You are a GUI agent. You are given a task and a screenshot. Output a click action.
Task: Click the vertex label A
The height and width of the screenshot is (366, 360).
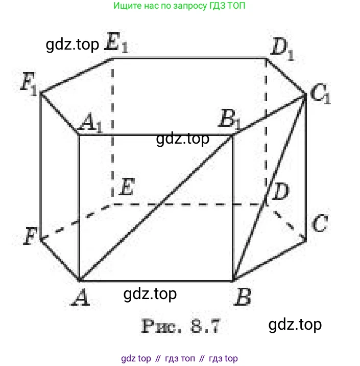click(81, 297)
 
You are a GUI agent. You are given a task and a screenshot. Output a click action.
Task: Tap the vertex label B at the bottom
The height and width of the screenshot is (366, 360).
click(243, 296)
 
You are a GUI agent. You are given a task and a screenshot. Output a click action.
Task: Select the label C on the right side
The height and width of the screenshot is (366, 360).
click(320, 223)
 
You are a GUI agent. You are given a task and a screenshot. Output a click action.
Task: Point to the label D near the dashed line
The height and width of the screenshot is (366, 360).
click(281, 191)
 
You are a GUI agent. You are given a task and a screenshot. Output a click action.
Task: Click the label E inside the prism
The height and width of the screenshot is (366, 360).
click(127, 186)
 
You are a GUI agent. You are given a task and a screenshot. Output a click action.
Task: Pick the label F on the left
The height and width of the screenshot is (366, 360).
click(31, 236)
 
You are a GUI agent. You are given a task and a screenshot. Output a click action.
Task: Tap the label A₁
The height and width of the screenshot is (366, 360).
click(91, 122)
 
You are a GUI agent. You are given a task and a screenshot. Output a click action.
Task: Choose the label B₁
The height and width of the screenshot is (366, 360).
click(229, 119)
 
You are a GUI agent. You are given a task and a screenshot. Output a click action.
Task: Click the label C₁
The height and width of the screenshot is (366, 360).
click(321, 94)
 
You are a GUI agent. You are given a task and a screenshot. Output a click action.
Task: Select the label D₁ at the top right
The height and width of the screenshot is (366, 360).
click(282, 49)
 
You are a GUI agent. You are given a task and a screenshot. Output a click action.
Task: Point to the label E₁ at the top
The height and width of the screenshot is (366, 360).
click(116, 42)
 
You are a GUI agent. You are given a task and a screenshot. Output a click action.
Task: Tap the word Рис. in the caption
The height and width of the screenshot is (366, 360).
click(161, 326)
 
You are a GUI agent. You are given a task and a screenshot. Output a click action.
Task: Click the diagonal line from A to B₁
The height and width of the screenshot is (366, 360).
click(156, 208)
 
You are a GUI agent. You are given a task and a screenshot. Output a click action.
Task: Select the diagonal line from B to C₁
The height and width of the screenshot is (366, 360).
click(269, 187)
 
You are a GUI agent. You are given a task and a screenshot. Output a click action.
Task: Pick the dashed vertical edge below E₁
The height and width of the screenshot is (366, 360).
click(112, 128)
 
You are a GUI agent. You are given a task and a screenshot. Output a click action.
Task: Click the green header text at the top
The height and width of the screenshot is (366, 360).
click(179, 6)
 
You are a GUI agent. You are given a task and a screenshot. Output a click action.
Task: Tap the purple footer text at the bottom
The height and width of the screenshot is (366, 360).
click(179, 358)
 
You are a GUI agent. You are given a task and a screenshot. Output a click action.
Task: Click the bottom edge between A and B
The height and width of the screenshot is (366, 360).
click(156, 281)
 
